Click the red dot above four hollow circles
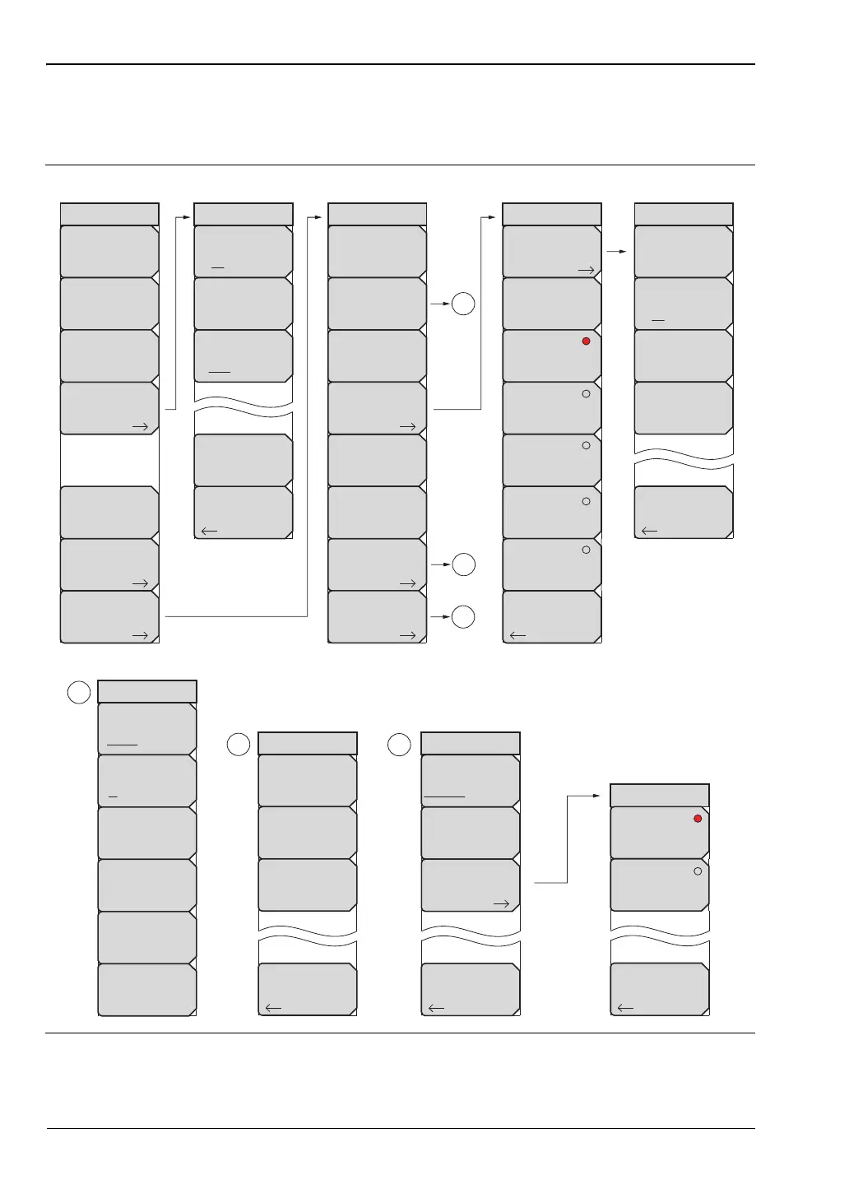(x=586, y=341)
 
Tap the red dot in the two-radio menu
(x=698, y=819)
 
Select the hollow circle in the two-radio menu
(x=698, y=871)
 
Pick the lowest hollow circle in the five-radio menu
(x=586, y=550)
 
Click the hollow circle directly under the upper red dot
(x=586, y=393)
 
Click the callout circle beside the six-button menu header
(x=78, y=692)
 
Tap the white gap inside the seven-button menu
(x=109, y=460)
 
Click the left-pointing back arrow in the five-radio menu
(x=517, y=635)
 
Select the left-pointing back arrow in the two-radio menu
(x=625, y=1008)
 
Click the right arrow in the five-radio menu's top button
(x=586, y=269)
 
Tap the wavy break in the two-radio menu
(x=660, y=936)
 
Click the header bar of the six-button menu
(x=147, y=691)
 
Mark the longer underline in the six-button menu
(x=122, y=745)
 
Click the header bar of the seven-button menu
(x=109, y=214)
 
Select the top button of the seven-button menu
(x=109, y=252)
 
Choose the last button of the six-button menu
(x=147, y=989)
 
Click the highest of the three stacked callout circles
(x=463, y=304)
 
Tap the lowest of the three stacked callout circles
(x=463, y=617)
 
